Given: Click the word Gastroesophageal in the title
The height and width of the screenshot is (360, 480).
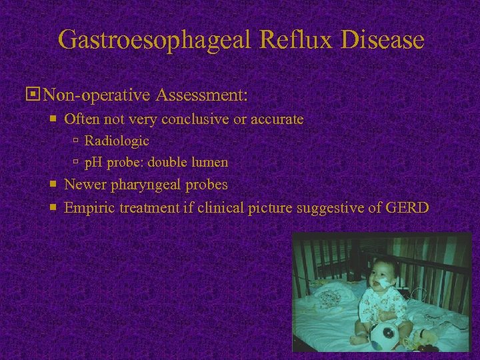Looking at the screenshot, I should tap(155, 39).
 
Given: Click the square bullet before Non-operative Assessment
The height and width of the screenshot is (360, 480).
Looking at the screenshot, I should tap(29, 95).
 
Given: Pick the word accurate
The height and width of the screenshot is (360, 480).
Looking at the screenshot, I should tap(274, 119).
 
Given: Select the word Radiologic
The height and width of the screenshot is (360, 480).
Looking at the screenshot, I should tap(117, 141).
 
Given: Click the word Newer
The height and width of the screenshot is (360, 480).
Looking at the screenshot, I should tap(83, 185).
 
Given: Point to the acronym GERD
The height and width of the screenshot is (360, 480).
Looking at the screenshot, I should tap(407, 208).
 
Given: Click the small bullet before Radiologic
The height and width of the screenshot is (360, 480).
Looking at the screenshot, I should tap(76, 141).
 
